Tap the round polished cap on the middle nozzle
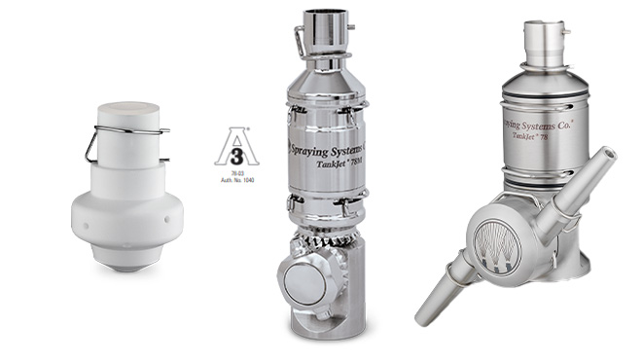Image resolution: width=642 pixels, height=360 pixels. pos(304,283)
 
